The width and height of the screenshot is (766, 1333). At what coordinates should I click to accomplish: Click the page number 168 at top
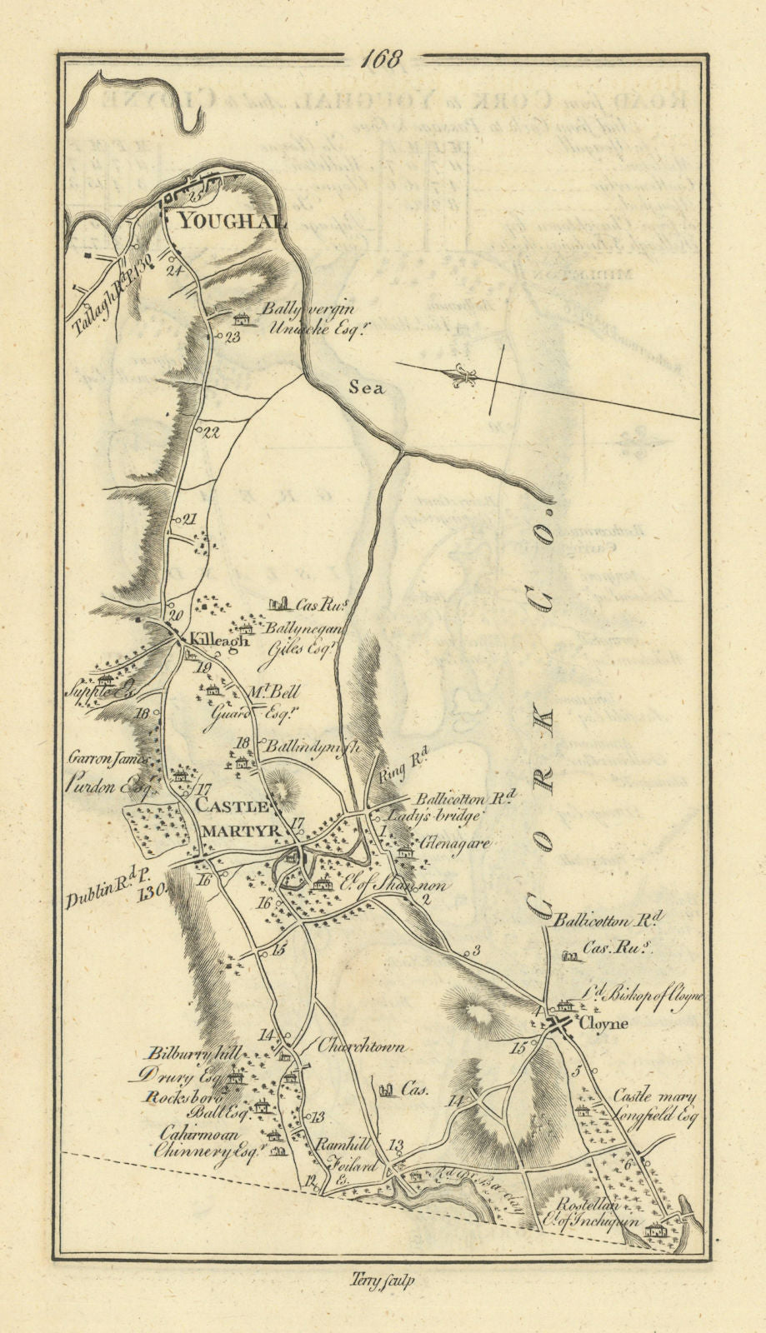(x=383, y=59)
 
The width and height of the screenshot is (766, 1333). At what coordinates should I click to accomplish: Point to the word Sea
(x=367, y=388)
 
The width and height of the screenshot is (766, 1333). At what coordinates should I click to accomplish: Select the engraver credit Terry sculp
(x=383, y=1282)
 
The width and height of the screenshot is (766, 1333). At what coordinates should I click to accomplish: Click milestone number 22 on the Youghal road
(x=209, y=432)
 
